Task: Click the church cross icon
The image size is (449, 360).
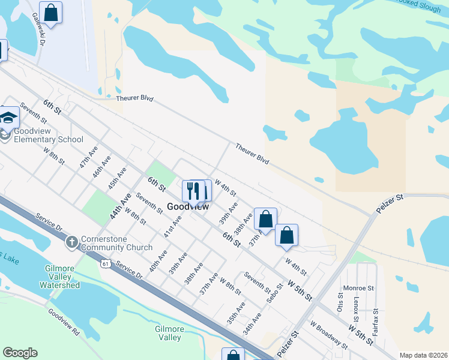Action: point(71,242)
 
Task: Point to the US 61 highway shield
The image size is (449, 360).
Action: point(106,263)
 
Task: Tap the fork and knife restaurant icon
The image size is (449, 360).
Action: point(192,191)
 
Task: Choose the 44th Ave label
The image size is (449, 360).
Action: point(120,206)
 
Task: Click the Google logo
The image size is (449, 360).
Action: point(20,352)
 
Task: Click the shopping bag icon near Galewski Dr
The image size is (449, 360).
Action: point(51,12)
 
